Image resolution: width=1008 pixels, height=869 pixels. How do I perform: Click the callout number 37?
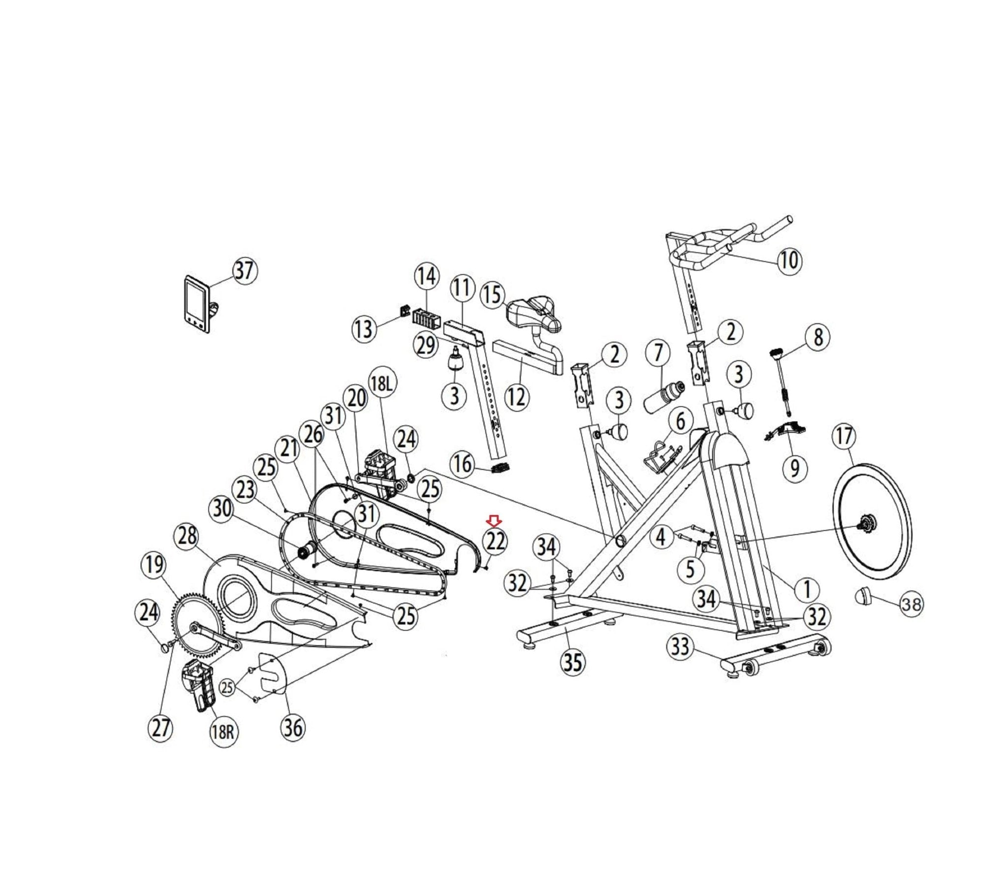point(245,271)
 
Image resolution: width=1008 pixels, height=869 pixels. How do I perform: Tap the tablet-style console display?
point(197,304)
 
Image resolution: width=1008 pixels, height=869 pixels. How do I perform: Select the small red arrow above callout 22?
point(494,520)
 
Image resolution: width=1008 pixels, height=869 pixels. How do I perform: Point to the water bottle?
point(664,396)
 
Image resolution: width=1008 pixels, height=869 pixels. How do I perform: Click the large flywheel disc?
point(872,521)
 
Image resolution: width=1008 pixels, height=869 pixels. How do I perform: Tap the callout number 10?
point(789,260)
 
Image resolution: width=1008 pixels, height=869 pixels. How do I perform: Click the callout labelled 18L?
point(382,385)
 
